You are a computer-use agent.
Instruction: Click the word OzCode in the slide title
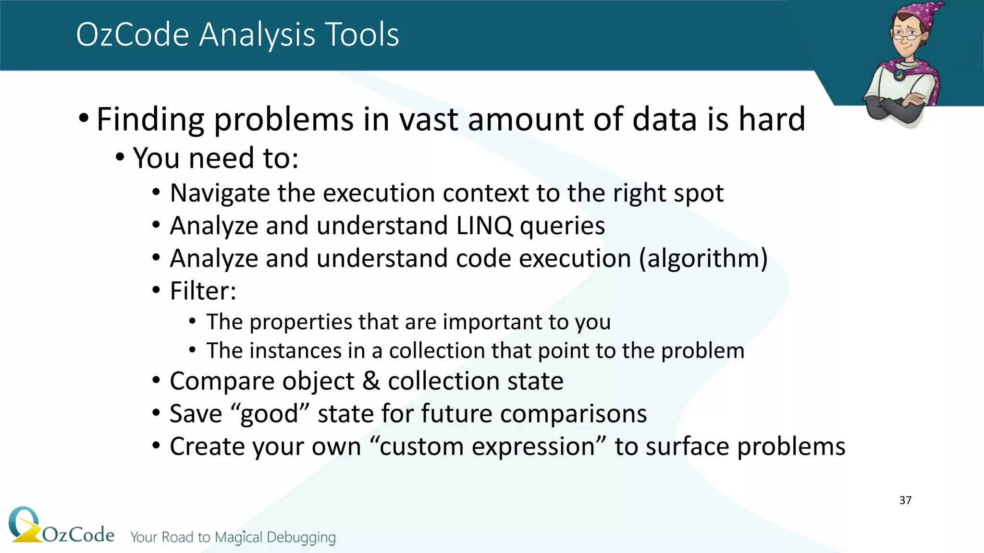133,35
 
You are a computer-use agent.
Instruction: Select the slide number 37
905,500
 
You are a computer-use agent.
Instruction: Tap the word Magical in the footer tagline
238,537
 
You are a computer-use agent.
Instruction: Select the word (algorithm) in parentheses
703,258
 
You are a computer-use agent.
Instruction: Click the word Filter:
203,291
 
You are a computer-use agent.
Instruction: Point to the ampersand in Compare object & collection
371,381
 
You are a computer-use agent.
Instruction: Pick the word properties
301,322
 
